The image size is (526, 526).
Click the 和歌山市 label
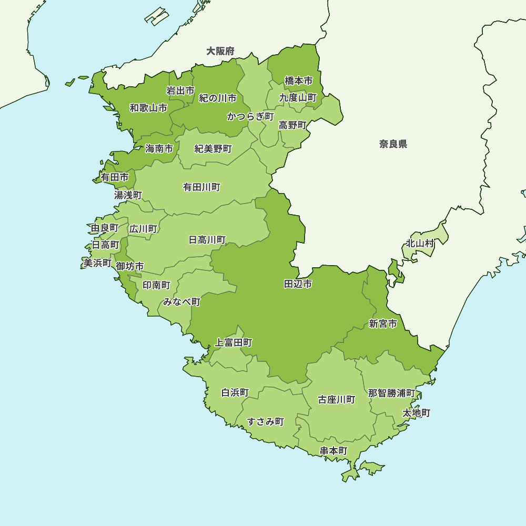click(149, 108)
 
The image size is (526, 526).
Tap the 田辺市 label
click(298, 284)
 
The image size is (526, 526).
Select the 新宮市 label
click(383, 323)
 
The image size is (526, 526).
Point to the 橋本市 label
click(298, 80)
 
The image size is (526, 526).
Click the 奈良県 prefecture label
click(393, 144)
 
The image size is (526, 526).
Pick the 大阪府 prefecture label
click(220, 51)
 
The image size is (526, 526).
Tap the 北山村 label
click(420, 244)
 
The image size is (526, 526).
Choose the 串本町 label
click(333, 451)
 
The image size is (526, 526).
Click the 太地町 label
click(417, 413)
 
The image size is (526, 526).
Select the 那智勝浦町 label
click(391, 393)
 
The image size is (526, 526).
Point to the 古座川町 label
click(337, 400)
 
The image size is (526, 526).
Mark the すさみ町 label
click(266, 421)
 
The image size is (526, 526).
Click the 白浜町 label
click(235, 393)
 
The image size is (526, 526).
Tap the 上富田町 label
click(234, 343)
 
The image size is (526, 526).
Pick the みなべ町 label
click(181, 302)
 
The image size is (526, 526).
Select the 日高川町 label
click(207, 240)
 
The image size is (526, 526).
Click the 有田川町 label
click(201, 187)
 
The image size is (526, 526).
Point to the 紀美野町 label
click(213, 149)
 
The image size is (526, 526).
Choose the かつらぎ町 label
click(250, 116)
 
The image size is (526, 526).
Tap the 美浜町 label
click(97, 262)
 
